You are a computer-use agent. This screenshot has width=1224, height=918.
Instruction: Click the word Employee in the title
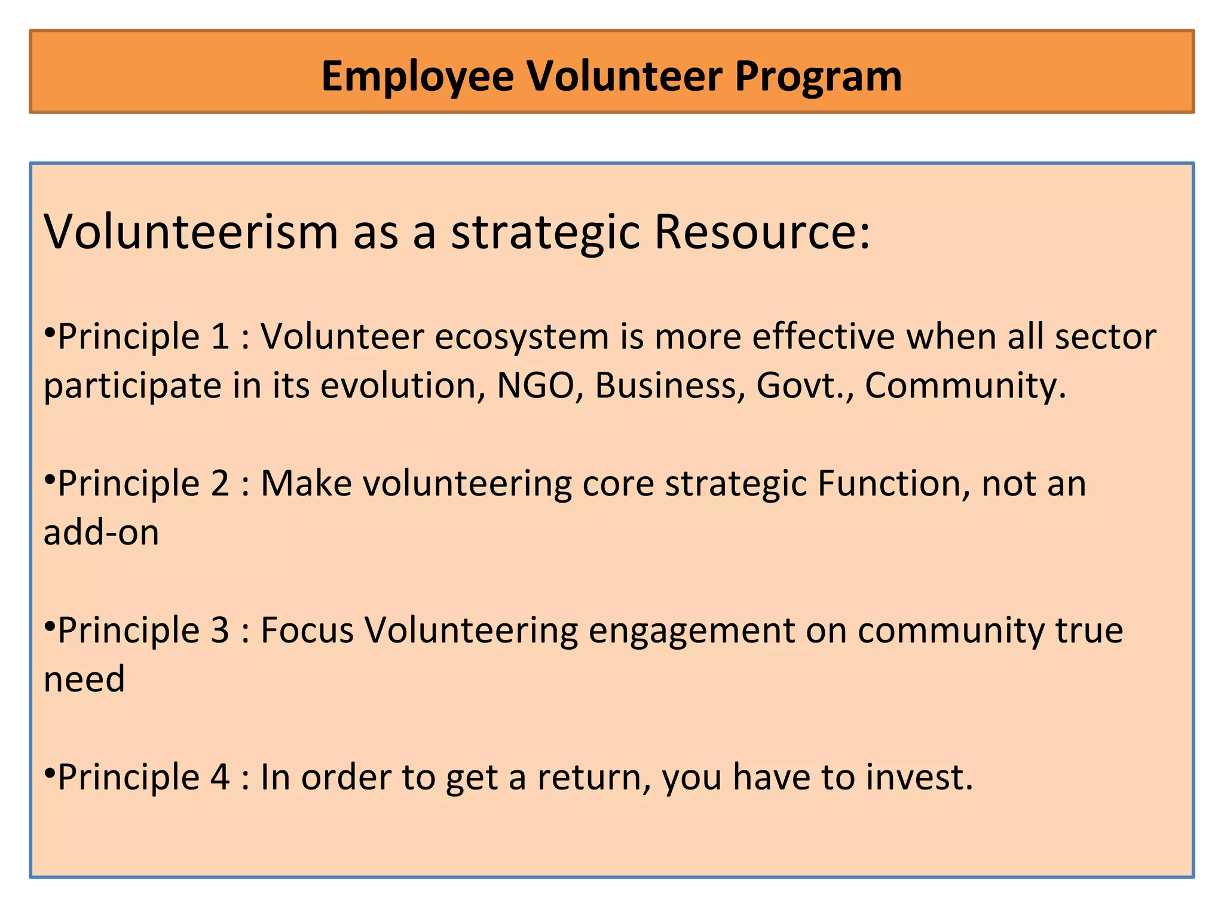click(x=417, y=76)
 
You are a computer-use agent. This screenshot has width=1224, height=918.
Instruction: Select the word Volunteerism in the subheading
click(x=191, y=232)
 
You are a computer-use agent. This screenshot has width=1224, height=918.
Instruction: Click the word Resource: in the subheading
click(x=762, y=232)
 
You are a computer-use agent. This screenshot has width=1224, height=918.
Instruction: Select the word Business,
click(x=670, y=385)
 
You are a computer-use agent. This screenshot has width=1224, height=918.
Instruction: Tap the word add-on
click(x=101, y=532)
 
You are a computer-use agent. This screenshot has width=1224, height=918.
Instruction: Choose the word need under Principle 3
click(x=84, y=680)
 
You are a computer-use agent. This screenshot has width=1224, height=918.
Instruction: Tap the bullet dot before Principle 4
click(x=50, y=770)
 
